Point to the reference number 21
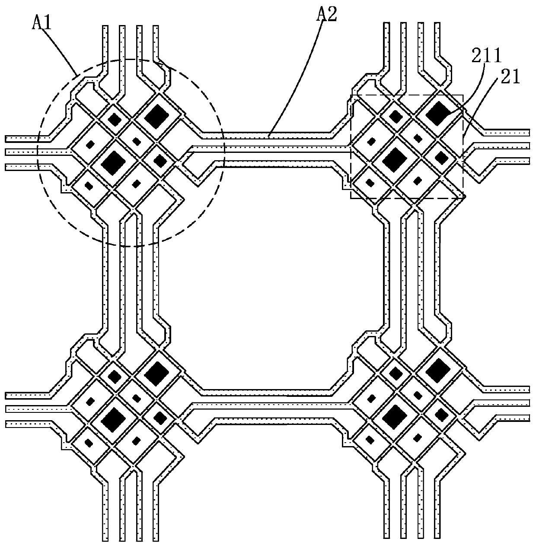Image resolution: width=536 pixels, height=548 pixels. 511,78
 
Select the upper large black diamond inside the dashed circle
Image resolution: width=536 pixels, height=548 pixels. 157,116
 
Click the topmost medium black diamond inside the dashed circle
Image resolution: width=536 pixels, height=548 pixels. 115,119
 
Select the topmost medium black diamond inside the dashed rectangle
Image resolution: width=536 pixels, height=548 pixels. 395,116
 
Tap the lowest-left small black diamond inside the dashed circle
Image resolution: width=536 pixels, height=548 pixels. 89,186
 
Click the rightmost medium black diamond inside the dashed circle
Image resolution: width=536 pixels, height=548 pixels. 160,161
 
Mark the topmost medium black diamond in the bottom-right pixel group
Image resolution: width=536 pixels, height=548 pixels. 395,373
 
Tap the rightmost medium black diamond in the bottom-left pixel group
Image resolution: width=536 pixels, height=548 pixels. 160,418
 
